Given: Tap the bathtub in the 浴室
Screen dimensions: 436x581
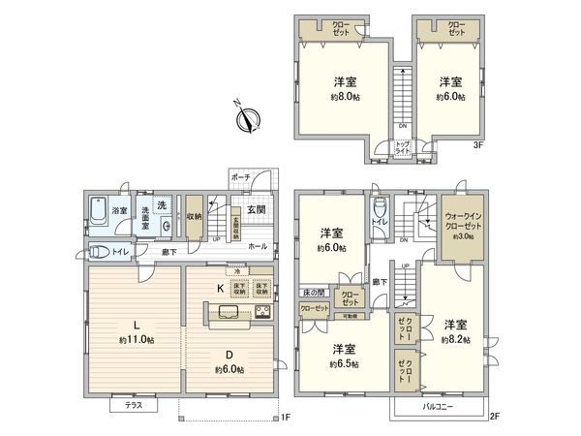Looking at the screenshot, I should click(x=99, y=210).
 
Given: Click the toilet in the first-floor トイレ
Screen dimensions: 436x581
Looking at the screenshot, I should click(x=99, y=252).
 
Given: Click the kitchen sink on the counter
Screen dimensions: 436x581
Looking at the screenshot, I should click(x=225, y=312).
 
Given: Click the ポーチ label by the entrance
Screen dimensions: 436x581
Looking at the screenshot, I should click(x=240, y=177).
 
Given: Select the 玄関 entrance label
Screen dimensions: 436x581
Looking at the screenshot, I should click(x=256, y=210).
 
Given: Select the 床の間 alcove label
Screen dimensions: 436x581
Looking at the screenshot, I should click(x=312, y=292).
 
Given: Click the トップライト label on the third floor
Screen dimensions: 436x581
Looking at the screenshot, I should click(x=401, y=148).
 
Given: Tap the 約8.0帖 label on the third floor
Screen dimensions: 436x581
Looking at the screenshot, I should click(x=342, y=97).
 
